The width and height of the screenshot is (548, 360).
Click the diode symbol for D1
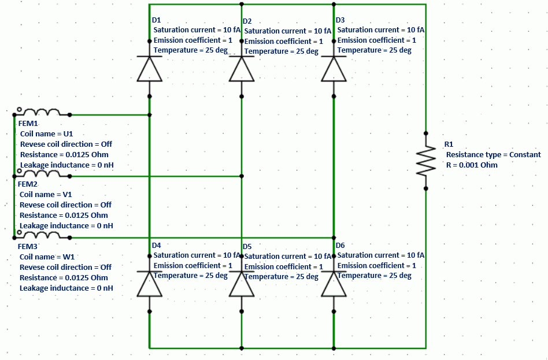tap(149, 69)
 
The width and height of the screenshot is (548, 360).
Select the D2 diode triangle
tap(242, 69)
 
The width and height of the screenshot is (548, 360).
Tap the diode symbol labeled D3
tap(334, 69)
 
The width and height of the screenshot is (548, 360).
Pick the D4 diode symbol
tap(149, 284)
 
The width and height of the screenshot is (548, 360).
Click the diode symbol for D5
tap(242, 284)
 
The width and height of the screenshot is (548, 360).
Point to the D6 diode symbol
tap(334, 284)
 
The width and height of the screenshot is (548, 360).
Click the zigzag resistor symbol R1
tap(426, 160)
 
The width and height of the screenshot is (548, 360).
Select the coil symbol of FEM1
tap(43, 112)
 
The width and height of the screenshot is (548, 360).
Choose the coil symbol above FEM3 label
tap(43, 235)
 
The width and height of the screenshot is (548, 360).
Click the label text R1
tap(449, 144)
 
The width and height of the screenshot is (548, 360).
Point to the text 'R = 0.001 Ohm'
tap(472, 165)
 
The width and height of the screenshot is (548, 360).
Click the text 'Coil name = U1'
tap(46, 133)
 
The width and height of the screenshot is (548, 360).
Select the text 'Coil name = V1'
tap(46, 194)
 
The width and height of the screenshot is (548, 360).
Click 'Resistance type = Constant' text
tap(493, 154)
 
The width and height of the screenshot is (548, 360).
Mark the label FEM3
tap(28, 246)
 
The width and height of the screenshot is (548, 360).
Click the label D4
tap(156, 245)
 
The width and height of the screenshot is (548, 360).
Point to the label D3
tap(340, 20)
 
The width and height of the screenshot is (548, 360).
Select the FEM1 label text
tap(28, 123)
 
